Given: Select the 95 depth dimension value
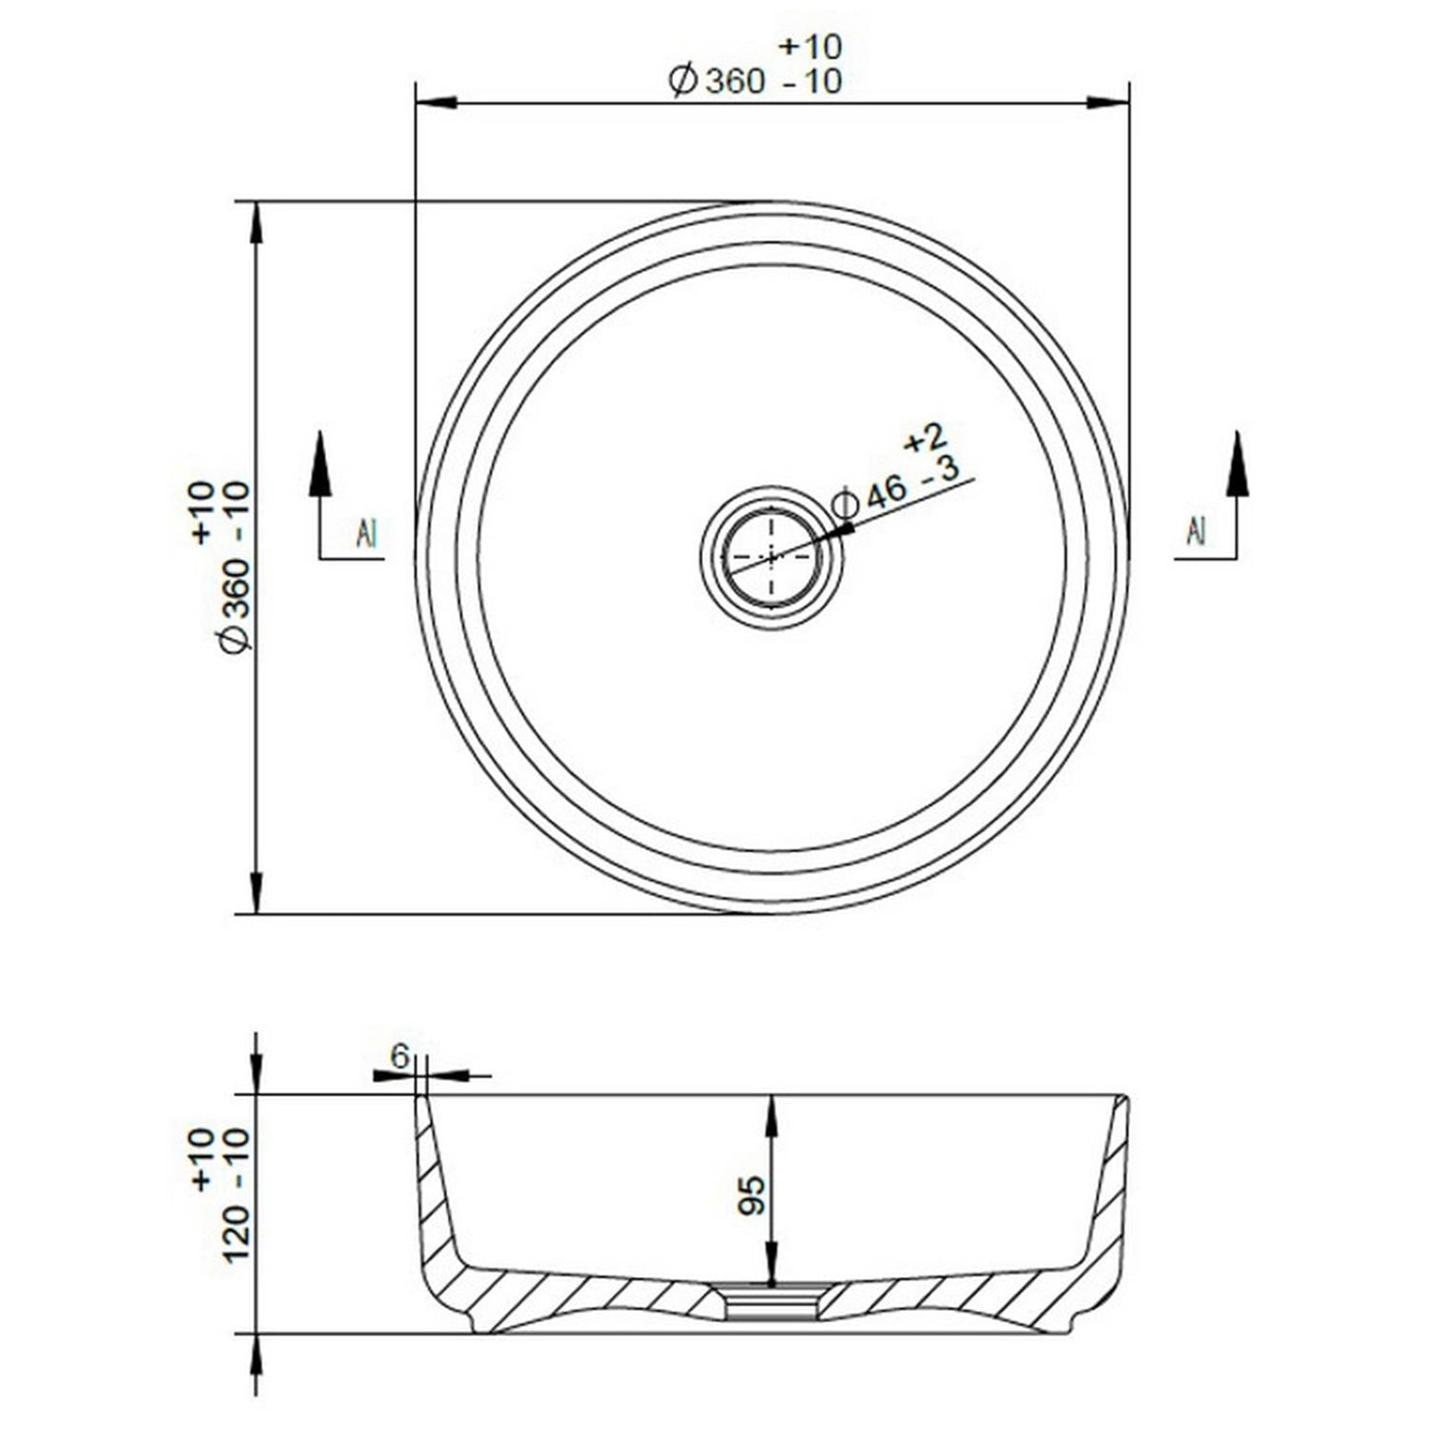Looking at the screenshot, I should click(x=752, y=1194).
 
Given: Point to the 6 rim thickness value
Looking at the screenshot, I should click(x=400, y=1055).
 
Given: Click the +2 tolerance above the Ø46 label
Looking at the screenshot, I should click(x=924, y=438).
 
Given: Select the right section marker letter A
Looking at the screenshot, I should click(x=1196, y=531).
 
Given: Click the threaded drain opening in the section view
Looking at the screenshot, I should click(x=771, y=1301).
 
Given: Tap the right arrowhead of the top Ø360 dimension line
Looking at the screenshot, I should click(x=1109, y=102).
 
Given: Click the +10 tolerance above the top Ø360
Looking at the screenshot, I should click(x=810, y=46).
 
